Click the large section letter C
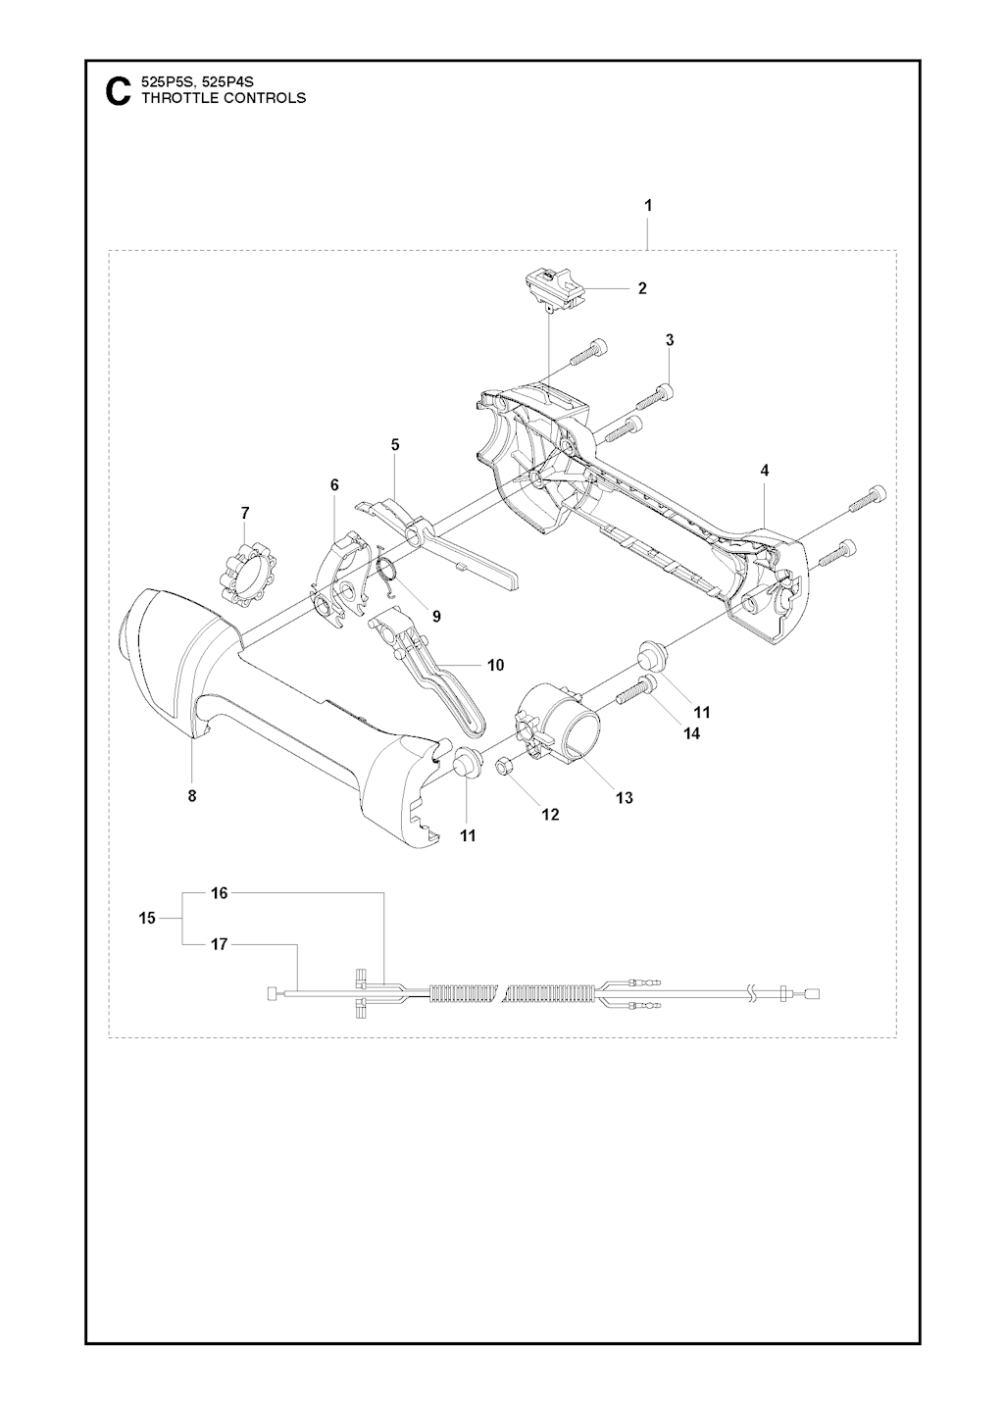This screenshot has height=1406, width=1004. click(x=119, y=91)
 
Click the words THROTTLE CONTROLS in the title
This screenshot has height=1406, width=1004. click(x=224, y=98)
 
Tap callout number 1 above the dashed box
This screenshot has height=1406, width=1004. click(x=648, y=205)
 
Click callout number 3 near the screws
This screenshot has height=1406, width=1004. click(x=670, y=340)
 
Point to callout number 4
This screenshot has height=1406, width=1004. click(x=765, y=470)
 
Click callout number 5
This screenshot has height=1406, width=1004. click(x=395, y=445)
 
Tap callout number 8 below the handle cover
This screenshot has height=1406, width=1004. click(x=192, y=796)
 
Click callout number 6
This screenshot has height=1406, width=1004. click(x=333, y=485)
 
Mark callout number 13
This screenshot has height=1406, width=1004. click(x=625, y=798)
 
